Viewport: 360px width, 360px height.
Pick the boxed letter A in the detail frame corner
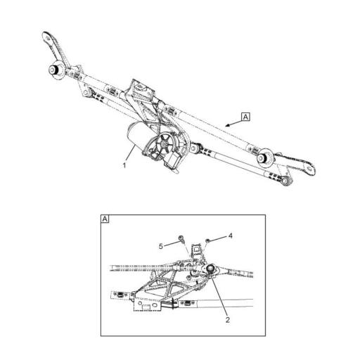[105, 219]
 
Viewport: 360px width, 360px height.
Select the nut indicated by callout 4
[208, 240]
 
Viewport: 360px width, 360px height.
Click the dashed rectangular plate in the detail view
[152, 305]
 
